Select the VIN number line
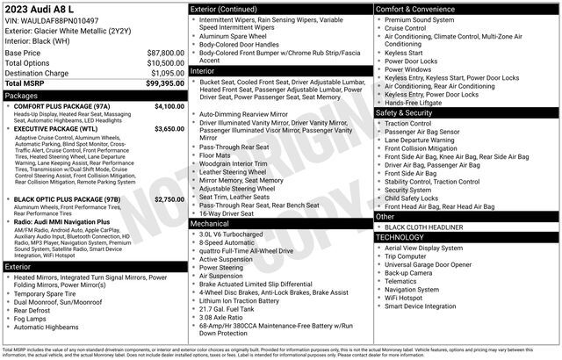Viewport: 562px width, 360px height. (51, 20)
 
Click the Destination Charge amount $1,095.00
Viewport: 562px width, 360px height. (166, 73)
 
